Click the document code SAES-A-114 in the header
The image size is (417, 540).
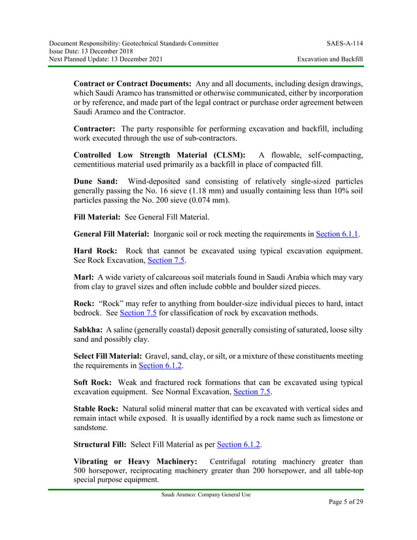(x=344, y=43)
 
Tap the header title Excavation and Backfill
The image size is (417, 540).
(x=329, y=59)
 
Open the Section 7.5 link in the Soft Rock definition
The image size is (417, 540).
(x=252, y=392)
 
